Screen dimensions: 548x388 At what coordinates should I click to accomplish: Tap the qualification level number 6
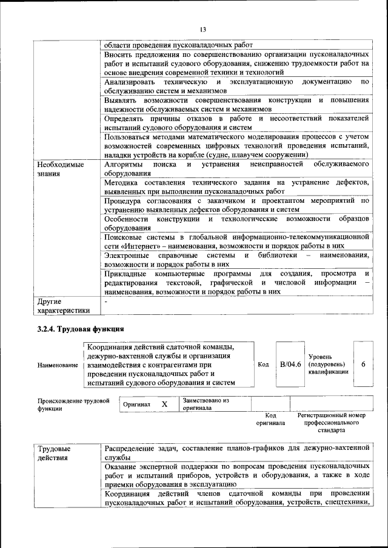(363, 365)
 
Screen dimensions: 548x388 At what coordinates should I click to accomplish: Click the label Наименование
(58, 365)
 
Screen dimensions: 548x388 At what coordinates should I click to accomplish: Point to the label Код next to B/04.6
(263, 365)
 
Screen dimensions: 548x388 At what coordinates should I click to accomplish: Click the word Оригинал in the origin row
(136, 404)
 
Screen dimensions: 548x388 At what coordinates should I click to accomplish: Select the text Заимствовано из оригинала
(206, 404)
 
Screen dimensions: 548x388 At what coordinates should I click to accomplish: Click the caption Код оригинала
(270, 420)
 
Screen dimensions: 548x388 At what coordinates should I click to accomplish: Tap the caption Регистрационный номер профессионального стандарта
(331, 423)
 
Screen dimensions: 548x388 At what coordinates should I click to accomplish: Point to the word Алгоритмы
(124, 164)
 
